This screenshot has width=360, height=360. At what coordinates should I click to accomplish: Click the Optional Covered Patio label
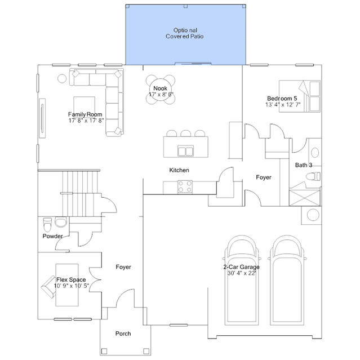(185, 33)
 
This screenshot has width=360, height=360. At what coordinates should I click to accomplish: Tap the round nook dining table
(160, 90)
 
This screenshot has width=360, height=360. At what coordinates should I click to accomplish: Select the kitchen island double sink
(185, 151)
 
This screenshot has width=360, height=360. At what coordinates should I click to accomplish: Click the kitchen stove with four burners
(185, 186)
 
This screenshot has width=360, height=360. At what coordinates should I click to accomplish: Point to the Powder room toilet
(47, 225)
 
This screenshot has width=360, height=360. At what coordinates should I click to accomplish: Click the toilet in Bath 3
(313, 176)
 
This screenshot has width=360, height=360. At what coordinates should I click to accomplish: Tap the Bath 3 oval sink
(315, 153)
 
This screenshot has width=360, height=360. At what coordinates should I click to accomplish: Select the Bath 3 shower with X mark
(304, 197)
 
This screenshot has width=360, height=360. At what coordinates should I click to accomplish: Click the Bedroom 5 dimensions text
(283, 105)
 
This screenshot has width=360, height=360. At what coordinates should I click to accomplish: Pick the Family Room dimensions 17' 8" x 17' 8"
(86, 121)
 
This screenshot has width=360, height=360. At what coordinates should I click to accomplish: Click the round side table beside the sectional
(62, 78)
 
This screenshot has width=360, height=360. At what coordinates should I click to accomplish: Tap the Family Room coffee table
(85, 107)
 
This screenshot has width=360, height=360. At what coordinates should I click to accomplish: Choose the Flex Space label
(71, 279)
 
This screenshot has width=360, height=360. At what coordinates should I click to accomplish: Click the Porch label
(123, 334)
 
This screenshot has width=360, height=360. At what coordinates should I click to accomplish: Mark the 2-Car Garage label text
(241, 267)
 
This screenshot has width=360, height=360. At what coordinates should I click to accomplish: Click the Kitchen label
(179, 170)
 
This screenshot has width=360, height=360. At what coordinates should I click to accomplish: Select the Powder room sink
(61, 222)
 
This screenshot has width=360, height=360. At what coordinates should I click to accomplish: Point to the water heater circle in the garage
(313, 215)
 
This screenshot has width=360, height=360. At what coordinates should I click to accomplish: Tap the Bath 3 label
(304, 165)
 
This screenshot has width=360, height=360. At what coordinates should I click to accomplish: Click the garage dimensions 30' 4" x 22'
(242, 273)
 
